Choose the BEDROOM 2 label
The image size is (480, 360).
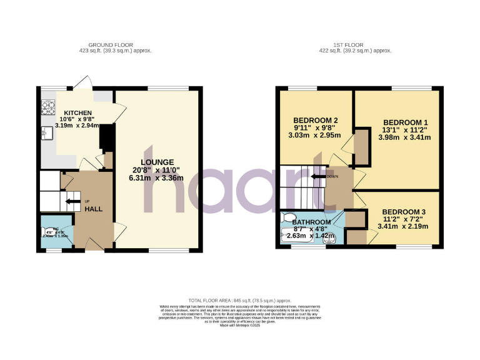(316, 121)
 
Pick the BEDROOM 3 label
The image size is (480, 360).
(404, 211)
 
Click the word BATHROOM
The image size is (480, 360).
(311, 222)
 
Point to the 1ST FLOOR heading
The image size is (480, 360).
(355, 45)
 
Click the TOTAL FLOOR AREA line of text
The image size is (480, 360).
(239, 301)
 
